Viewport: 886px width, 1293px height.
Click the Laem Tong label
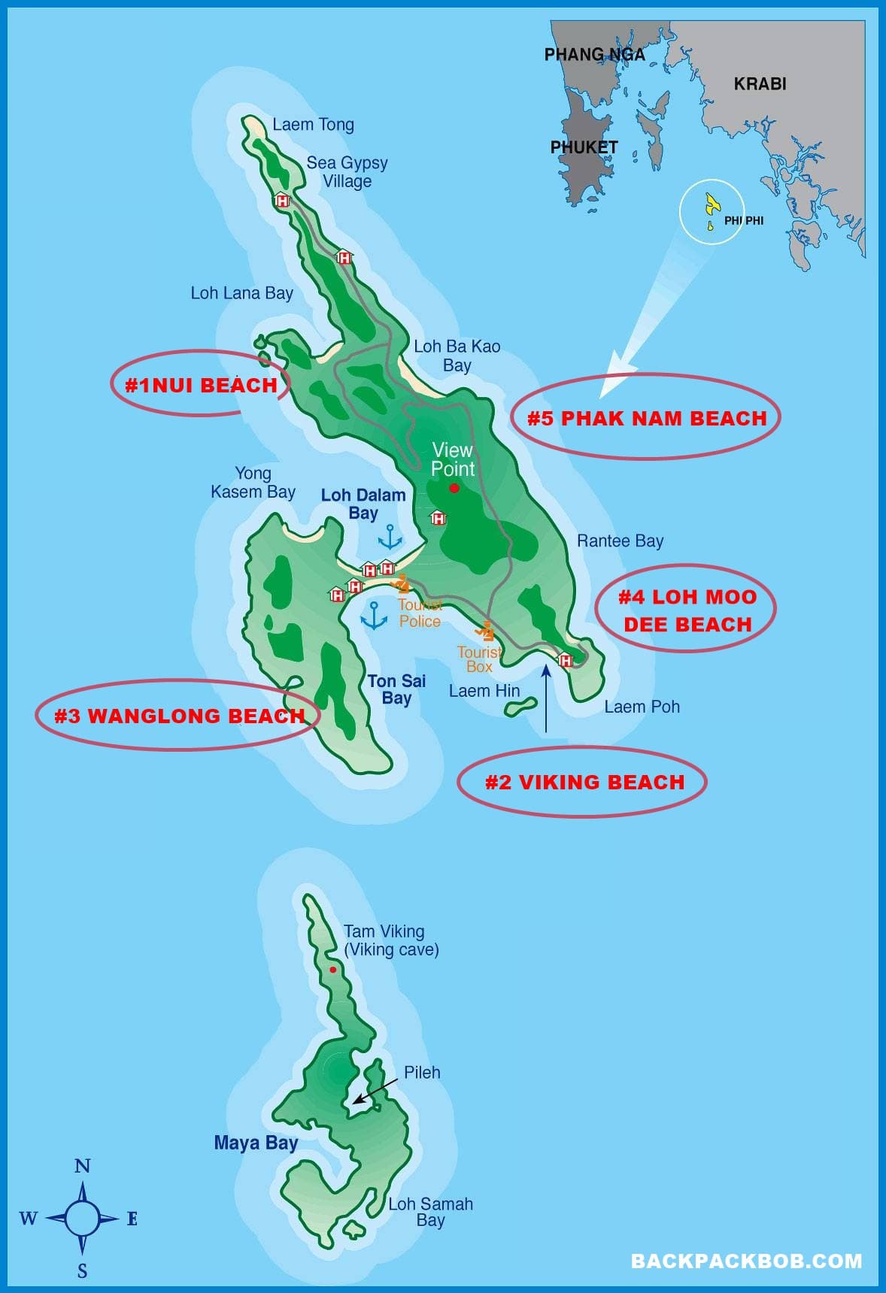313,125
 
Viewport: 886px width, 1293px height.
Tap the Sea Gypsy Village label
347,172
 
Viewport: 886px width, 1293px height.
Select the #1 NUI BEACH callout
201,385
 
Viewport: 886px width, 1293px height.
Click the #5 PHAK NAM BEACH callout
647,418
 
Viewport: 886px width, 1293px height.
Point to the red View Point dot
454,488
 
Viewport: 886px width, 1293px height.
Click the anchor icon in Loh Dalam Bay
390,537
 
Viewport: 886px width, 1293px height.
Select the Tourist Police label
420,613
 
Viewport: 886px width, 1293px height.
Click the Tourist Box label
479,659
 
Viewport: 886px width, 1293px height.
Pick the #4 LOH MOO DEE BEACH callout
687,610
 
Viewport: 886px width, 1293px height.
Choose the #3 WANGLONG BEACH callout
179,716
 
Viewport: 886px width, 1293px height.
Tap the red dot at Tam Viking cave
332,970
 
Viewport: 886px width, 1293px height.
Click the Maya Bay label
256,1143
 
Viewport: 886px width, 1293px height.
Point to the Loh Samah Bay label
430,1211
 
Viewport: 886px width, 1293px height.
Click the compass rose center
82,1218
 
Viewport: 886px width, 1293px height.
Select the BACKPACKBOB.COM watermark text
746,1261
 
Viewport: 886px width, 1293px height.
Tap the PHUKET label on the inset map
584,147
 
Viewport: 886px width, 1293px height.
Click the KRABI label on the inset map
760,83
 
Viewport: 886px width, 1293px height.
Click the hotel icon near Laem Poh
565,660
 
